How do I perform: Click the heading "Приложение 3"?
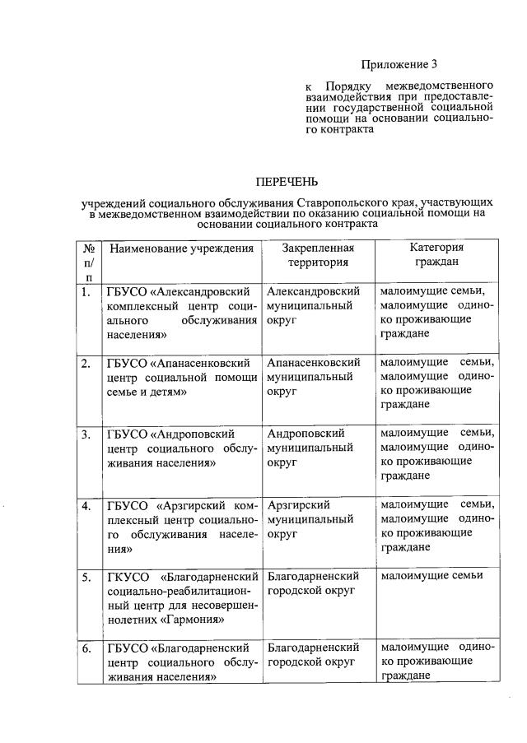pyautogui.click(x=399, y=64)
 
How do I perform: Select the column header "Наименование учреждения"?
pyautogui.click(x=181, y=248)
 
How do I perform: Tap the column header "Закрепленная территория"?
pyautogui.click(x=318, y=255)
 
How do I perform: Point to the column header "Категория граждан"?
pyautogui.click(x=436, y=255)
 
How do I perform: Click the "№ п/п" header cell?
pyautogui.click(x=88, y=262)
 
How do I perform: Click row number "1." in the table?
pyautogui.click(x=86, y=292)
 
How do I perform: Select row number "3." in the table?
pyautogui.click(x=86, y=434)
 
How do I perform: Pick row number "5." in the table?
pyautogui.click(x=86, y=576)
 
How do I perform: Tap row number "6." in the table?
pyautogui.click(x=86, y=648)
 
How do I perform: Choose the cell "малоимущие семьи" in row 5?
pyautogui.click(x=431, y=576)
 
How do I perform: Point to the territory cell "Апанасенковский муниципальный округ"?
pyautogui.click(x=314, y=377)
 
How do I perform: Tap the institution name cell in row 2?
pyautogui.click(x=181, y=377)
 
